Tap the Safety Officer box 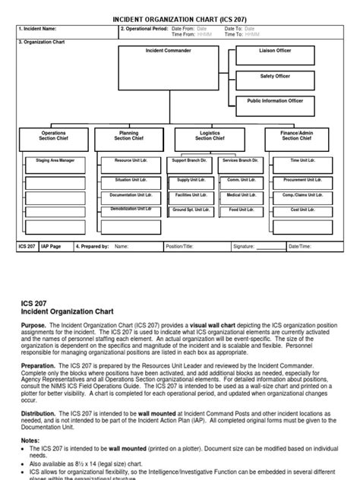click(274, 80)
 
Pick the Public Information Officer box click(274, 105)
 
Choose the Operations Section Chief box click(53, 137)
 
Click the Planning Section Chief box click(128, 137)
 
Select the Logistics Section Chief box click(210, 137)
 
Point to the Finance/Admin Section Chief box click(296, 137)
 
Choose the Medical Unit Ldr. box click(238, 197)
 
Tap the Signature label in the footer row click(244, 247)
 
